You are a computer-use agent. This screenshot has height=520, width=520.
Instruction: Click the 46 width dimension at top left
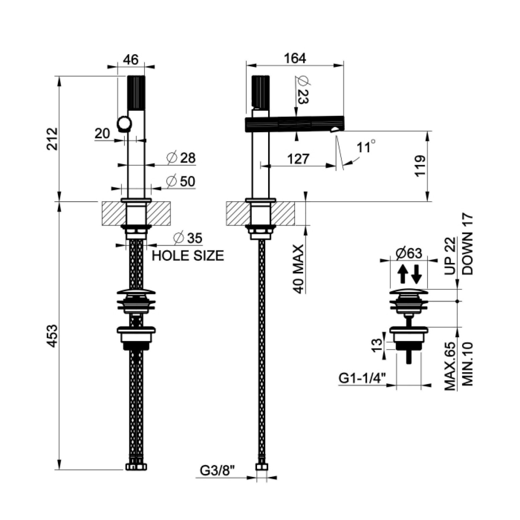click(x=131, y=60)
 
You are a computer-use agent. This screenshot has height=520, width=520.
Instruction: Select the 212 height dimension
click(x=53, y=139)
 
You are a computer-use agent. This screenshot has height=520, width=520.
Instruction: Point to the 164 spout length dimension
click(x=295, y=58)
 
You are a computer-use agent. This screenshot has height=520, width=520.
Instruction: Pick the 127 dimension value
click(x=298, y=159)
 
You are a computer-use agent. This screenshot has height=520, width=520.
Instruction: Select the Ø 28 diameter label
click(x=181, y=158)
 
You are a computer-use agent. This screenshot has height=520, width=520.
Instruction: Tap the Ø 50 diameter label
click(x=181, y=181)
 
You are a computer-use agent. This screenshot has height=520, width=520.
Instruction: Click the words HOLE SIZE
click(x=188, y=255)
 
